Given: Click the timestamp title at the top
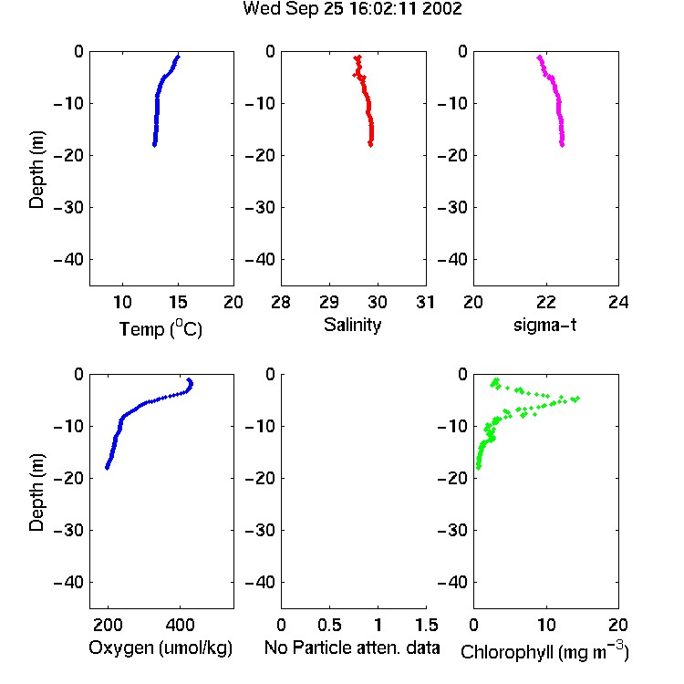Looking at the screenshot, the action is [x=352, y=9].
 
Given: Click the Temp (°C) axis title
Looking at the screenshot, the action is [x=161, y=328].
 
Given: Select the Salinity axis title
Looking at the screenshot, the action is [x=352, y=325].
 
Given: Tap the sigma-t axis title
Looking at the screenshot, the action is [x=544, y=325].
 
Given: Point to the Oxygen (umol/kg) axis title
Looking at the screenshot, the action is [x=161, y=648].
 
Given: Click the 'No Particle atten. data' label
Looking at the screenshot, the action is [x=352, y=648].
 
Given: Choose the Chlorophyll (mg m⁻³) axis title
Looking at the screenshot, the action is [x=544, y=651].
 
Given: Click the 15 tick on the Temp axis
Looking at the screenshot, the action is [x=178, y=302].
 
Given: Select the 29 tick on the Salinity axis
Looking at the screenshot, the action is [x=329, y=302].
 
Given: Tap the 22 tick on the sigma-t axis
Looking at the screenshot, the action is [x=545, y=302].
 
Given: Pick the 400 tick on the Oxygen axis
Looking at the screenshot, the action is [x=180, y=625].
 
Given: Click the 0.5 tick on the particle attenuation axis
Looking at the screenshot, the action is [x=329, y=625].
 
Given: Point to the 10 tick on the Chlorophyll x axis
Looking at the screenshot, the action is [x=545, y=625].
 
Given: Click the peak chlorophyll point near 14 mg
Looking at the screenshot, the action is [x=576, y=399].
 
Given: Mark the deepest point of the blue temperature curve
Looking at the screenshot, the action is [x=154, y=144].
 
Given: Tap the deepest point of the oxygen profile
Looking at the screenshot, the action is [x=107, y=468].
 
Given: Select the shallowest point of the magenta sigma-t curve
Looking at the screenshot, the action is [x=540, y=57].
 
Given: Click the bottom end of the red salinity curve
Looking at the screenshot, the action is [x=370, y=144].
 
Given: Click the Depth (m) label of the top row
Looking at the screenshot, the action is [x=36, y=170].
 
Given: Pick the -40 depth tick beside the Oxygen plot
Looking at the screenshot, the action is [x=68, y=582].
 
